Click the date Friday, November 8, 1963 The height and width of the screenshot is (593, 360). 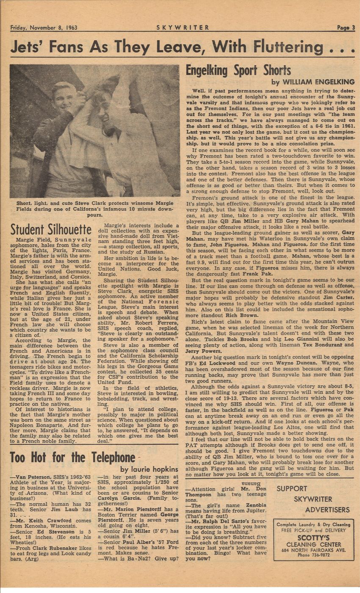44,28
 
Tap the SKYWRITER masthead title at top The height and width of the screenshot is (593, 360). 183,28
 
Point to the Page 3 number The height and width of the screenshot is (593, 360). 346,28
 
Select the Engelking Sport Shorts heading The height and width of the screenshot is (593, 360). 238,70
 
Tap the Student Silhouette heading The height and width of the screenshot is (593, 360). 51,230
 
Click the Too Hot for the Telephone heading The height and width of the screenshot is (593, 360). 72,458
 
